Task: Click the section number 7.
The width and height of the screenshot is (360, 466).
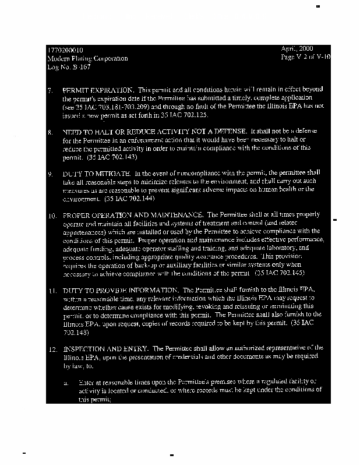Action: (x=51, y=91)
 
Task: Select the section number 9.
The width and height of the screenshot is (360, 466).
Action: (x=51, y=174)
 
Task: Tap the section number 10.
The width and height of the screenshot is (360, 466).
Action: (x=51, y=215)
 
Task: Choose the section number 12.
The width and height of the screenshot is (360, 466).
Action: (x=51, y=347)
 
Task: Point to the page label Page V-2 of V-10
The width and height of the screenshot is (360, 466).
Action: (x=305, y=58)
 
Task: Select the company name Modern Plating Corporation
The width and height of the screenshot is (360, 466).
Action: (x=87, y=59)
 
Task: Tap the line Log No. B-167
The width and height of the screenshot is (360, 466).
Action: (x=66, y=68)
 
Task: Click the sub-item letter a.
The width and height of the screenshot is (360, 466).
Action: (x=66, y=383)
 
